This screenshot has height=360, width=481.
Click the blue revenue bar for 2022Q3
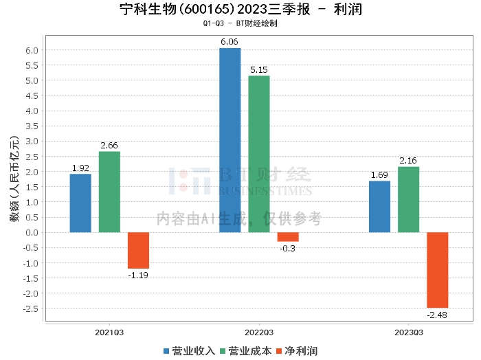230,140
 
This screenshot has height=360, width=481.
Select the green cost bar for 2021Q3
109,192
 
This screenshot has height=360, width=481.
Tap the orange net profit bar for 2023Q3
437,270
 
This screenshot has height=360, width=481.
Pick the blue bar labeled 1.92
80,203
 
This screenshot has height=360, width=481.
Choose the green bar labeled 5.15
259,154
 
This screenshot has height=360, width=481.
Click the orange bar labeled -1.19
138,250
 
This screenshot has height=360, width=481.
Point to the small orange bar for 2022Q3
288,237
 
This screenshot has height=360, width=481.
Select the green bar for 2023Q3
408,199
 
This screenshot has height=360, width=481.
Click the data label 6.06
230,42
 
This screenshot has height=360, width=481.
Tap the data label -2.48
437,315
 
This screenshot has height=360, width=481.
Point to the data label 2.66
109,145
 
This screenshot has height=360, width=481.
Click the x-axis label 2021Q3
109,332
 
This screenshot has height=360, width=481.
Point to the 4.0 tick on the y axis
32,111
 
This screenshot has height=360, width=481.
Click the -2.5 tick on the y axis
31,308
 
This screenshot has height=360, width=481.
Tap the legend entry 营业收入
189,350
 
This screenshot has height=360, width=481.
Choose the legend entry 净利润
295,350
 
